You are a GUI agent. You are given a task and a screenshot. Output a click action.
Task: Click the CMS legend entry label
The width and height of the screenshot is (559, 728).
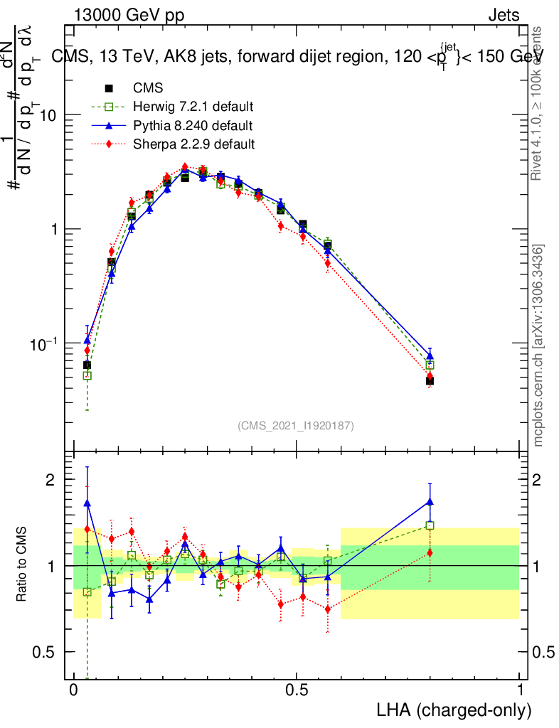tap(148, 89)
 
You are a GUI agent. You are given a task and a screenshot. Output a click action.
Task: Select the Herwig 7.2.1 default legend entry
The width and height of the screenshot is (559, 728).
tap(193, 107)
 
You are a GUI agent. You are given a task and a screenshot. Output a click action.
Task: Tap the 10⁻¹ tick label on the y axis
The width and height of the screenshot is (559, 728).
tap(45, 343)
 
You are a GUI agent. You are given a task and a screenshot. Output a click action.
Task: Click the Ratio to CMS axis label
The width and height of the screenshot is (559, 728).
tap(22, 565)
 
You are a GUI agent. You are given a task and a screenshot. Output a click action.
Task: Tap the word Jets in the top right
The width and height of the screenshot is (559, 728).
tap(503, 16)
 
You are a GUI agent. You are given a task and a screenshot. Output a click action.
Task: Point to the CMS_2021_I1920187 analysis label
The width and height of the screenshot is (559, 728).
tap(296, 426)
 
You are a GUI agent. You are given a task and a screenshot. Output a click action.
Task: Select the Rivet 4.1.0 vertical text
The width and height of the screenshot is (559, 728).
tap(539, 103)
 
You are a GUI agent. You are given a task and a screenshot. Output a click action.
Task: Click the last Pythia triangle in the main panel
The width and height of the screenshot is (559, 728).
tap(430, 355)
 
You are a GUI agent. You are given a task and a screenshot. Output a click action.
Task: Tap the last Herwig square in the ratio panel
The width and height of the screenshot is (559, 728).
tap(430, 525)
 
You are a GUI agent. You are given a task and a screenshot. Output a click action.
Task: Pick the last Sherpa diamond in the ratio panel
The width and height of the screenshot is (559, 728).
tap(430, 552)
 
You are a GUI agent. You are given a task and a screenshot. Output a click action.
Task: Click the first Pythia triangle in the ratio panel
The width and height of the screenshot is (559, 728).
tap(87, 503)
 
